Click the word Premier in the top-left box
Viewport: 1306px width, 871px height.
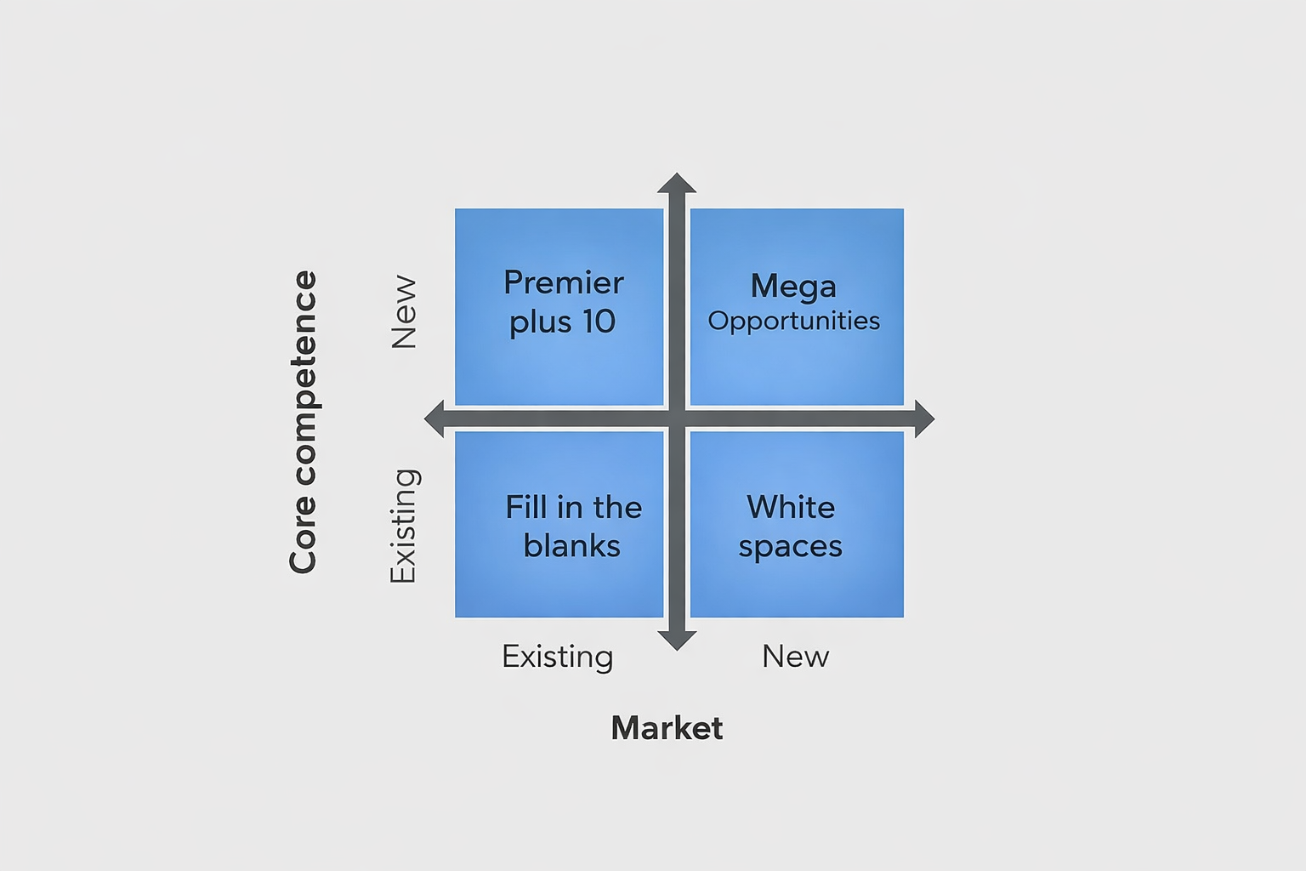click(x=563, y=282)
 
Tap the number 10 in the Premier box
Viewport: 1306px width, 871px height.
click(x=599, y=322)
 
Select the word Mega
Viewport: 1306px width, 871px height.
click(x=793, y=287)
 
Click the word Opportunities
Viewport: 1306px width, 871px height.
click(x=794, y=321)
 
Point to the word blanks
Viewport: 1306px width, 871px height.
click(x=571, y=546)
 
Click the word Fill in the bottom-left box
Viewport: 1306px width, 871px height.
click(x=525, y=508)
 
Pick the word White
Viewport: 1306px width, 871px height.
click(x=791, y=508)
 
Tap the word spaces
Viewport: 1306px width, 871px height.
click(x=790, y=547)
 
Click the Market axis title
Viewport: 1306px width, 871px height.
click(x=667, y=728)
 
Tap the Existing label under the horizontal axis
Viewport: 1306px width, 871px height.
click(x=557, y=657)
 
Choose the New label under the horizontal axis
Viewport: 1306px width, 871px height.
click(x=795, y=657)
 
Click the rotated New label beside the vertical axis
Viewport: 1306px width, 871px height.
click(x=404, y=311)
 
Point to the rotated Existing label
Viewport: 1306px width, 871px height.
click(x=403, y=525)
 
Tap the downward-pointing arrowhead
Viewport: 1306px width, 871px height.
click(x=677, y=640)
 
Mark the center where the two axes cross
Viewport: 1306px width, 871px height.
click(x=677, y=418)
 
